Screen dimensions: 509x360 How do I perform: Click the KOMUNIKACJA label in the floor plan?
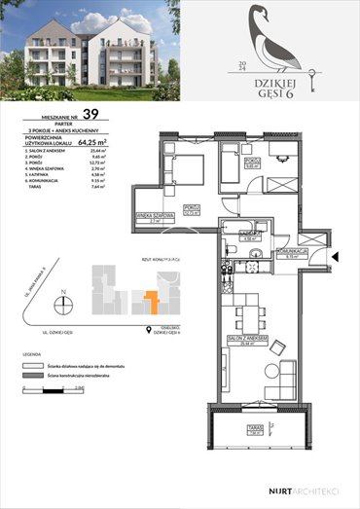tap(291, 251)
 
